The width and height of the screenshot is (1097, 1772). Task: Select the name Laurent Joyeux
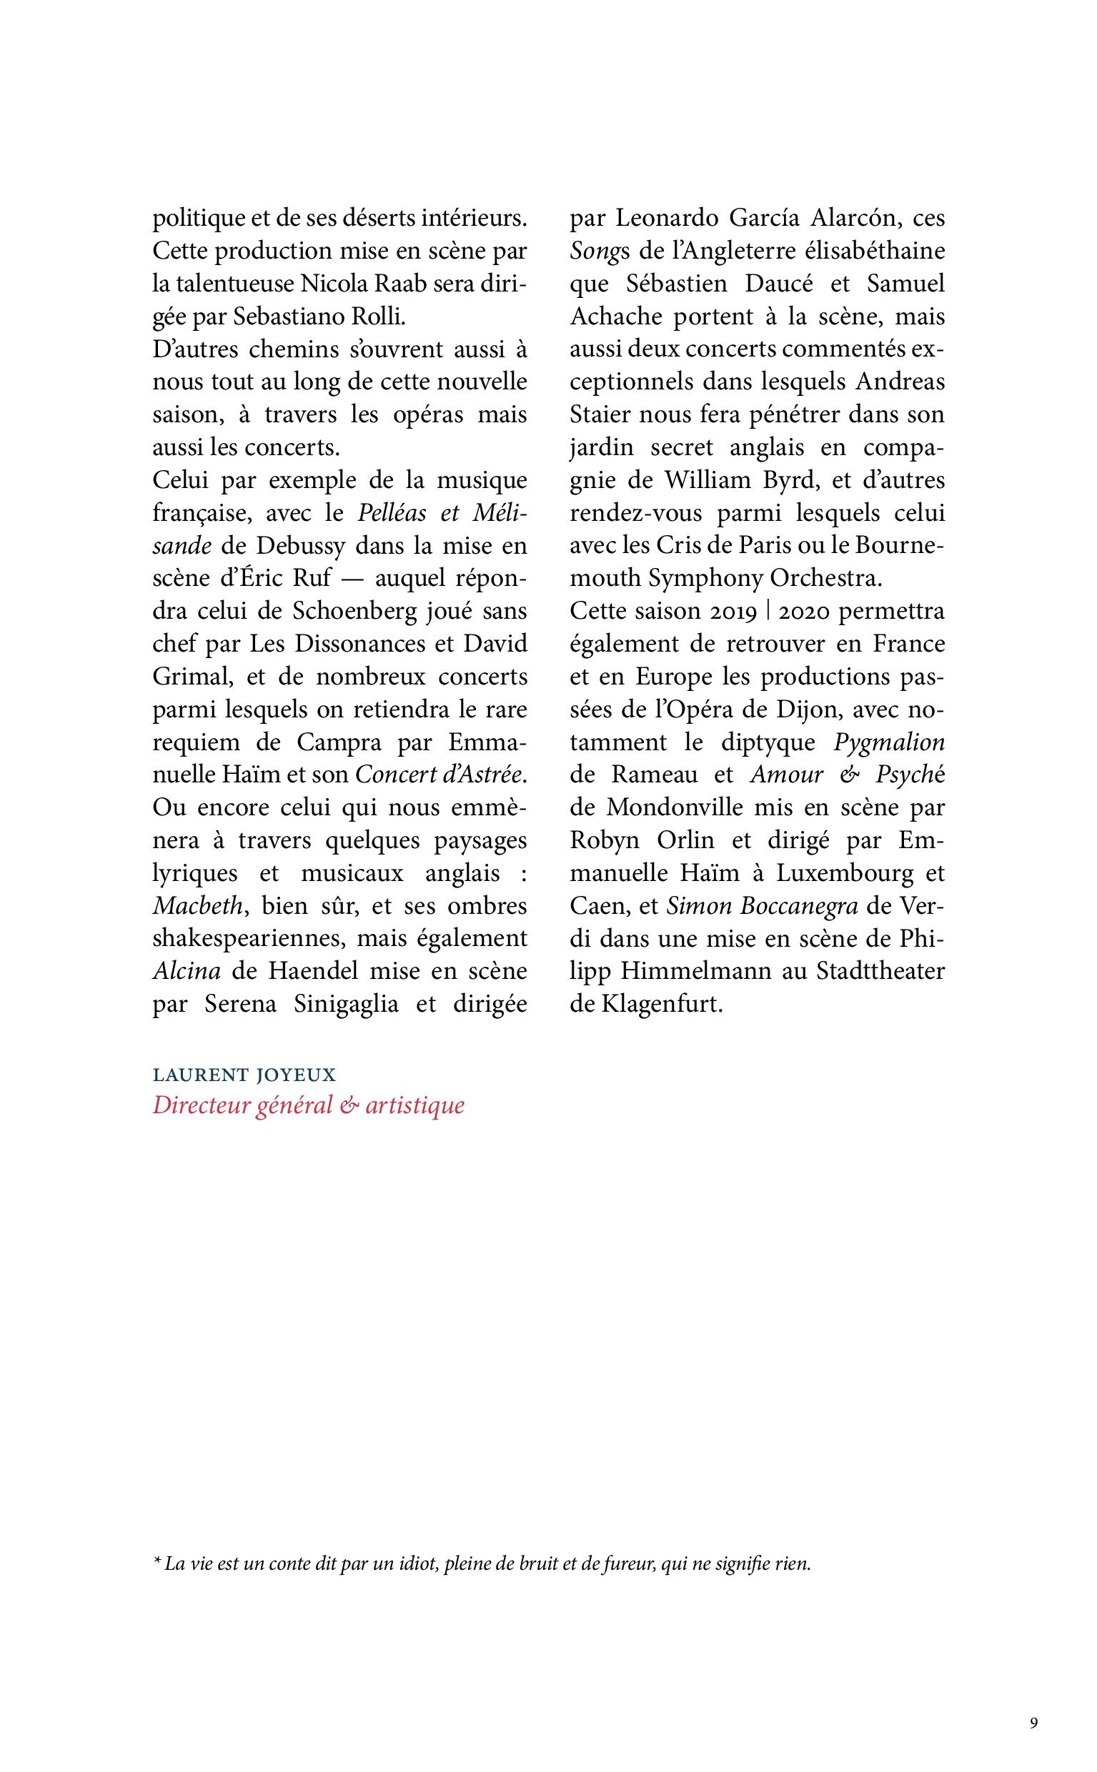point(244,1074)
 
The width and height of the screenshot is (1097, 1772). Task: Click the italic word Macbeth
point(197,905)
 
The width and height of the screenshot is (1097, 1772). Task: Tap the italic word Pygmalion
point(889,742)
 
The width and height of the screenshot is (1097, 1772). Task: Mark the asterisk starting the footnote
point(156,1563)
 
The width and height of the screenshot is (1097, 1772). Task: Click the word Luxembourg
point(845,872)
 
